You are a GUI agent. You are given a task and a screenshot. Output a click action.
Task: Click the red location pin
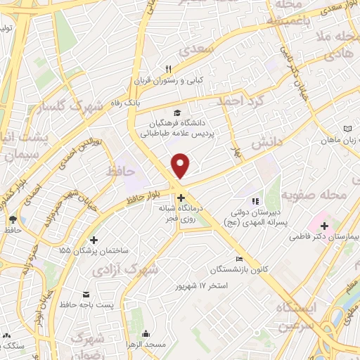[x=181, y=165]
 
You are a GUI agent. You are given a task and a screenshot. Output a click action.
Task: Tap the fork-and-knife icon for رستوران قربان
[x=168, y=69]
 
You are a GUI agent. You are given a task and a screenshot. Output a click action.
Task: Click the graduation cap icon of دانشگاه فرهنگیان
[x=177, y=112]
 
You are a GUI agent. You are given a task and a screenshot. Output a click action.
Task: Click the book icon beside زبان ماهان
[x=348, y=129]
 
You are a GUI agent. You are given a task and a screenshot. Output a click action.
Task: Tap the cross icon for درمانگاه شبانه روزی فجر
[x=181, y=198]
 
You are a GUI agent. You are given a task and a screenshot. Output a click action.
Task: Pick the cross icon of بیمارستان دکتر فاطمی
[x=324, y=226]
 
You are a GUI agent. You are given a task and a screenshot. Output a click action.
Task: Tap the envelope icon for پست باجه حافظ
[x=86, y=293]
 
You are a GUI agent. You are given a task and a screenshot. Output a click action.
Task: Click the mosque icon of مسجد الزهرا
[x=146, y=333]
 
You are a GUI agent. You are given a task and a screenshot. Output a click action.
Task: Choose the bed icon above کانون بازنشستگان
[x=240, y=259]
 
